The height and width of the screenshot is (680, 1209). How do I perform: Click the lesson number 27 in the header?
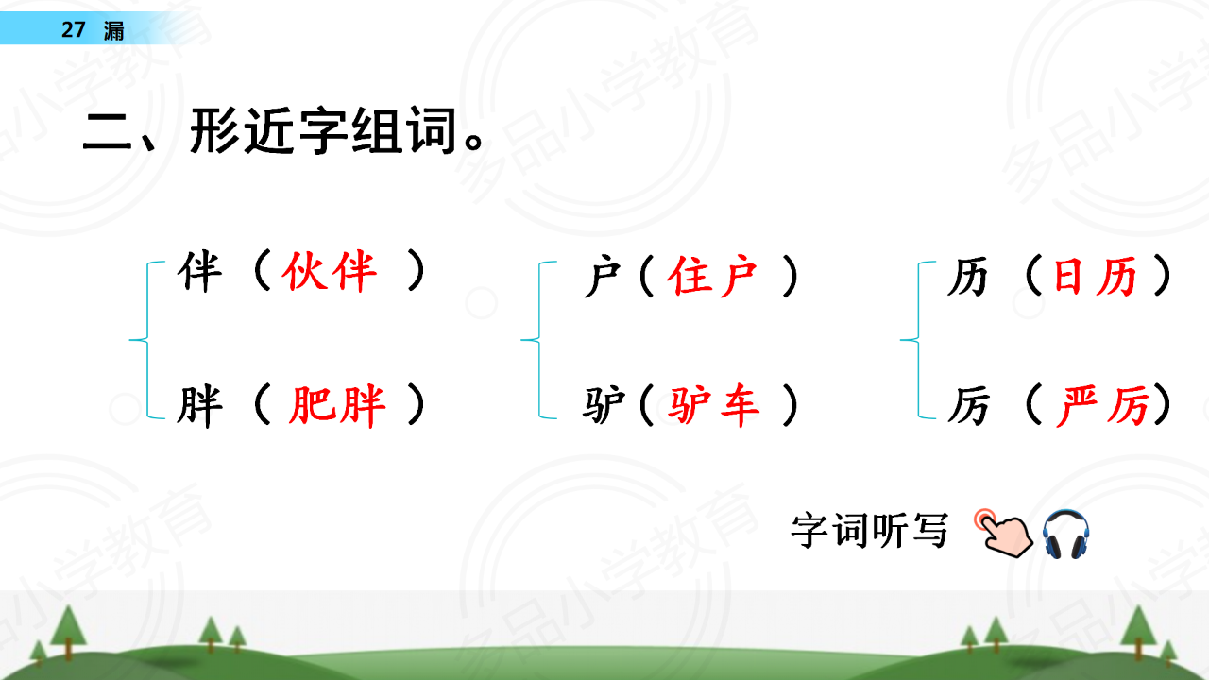point(74,29)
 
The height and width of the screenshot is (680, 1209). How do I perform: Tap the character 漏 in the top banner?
point(114,30)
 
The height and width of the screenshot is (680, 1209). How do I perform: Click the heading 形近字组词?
point(324,131)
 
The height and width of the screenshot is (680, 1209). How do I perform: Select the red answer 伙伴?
point(329,271)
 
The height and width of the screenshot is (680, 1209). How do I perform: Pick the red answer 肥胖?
point(337,406)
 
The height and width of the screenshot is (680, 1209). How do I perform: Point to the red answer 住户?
point(712,277)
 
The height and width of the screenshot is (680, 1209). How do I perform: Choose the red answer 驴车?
point(713,405)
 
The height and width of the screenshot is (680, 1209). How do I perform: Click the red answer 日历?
point(1095,277)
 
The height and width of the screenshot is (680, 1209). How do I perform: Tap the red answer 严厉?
point(1101,406)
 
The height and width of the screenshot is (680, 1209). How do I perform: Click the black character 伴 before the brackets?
point(199,271)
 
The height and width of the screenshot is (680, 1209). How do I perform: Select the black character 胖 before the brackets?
point(199,406)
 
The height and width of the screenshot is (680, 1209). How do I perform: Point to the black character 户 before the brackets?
point(603,277)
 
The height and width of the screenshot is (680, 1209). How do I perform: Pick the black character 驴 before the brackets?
point(604,405)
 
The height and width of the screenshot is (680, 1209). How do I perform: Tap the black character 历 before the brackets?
point(968,277)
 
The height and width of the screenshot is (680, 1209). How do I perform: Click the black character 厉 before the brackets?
point(969,406)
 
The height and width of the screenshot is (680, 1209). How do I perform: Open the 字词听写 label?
point(869,531)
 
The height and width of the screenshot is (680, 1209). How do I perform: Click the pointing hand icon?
point(1003,534)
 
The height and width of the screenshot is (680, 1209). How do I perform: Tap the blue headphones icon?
point(1065,534)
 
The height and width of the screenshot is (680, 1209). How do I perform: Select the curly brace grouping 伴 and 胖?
point(146,340)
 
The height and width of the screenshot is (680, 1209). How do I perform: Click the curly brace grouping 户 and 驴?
point(538,340)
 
